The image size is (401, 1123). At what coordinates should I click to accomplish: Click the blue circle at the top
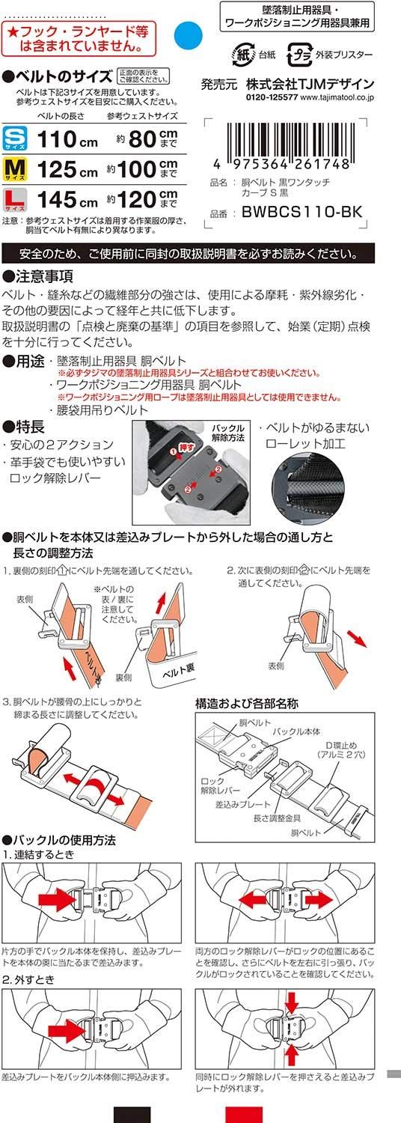click(x=187, y=34)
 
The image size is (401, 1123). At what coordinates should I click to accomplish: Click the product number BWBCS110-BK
click(x=301, y=213)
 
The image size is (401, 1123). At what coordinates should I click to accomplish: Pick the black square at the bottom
click(x=132, y=1114)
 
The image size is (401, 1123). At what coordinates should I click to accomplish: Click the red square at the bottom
click(x=243, y=1114)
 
